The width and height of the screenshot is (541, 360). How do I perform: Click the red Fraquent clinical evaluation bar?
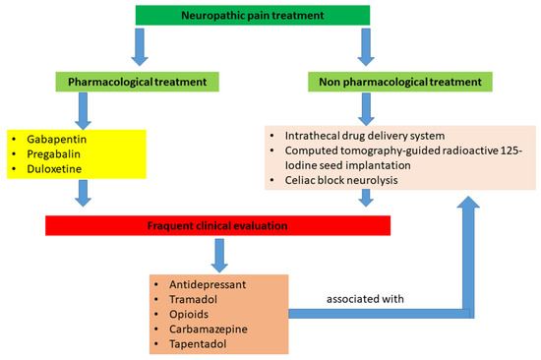(x=218, y=226)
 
